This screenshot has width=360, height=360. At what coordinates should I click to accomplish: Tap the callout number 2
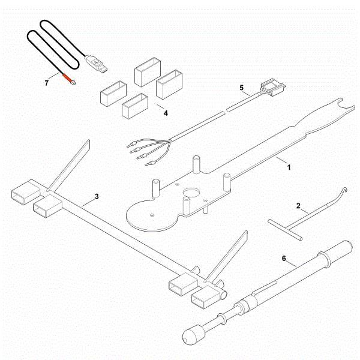(298, 206)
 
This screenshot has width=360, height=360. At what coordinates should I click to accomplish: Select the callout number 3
(96, 197)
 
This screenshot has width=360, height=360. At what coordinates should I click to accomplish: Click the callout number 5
(242, 88)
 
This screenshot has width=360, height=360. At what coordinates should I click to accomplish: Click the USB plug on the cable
(97, 62)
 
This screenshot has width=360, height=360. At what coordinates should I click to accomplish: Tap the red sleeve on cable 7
(63, 76)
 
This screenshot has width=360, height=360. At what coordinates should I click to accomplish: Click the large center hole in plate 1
(192, 195)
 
